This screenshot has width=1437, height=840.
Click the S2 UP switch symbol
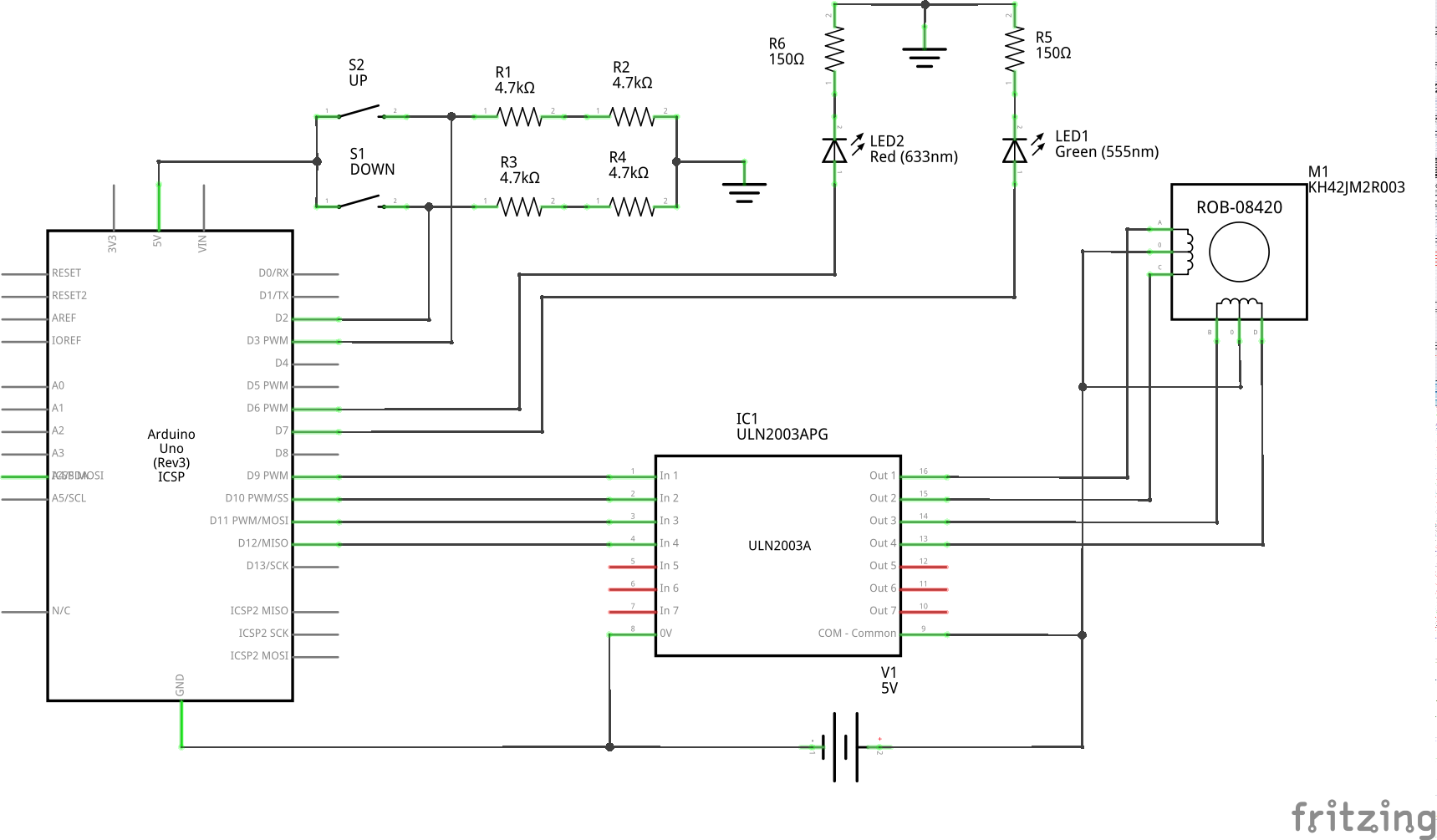(360, 112)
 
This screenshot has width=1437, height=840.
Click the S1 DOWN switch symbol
(360, 201)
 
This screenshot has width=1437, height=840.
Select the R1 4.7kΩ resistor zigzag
(519, 116)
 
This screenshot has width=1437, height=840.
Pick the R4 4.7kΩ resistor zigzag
(632, 206)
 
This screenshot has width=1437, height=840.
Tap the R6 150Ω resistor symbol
(834, 49)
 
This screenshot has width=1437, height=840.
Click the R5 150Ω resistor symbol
(1014, 49)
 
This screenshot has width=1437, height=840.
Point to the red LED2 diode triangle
(834, 150)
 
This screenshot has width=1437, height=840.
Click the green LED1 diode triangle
(1014, 150)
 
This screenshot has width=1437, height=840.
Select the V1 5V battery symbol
(845, 746)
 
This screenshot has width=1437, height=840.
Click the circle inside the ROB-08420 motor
(1239, 252)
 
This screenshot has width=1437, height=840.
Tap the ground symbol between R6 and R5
(924, 55)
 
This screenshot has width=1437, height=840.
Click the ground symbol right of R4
(744, 191)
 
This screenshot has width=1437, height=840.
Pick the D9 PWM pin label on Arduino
(267, 476)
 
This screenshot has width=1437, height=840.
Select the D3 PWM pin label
(267, 341)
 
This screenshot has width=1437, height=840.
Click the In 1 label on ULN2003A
(669, 476)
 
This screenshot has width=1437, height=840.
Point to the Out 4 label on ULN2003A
(882, 543)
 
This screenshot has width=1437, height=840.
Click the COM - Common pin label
(857, 634)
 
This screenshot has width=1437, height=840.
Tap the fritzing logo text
(1363, 816)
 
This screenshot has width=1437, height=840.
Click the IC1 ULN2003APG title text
(782, 426)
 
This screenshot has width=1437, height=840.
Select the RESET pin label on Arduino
(66, 273)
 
